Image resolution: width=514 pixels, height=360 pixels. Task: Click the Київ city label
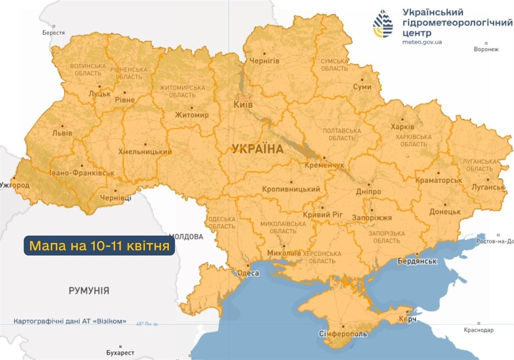[x=243, y=105]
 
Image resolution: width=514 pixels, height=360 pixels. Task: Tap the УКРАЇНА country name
[x=258, y=149]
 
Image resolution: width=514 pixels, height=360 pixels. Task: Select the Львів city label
[x=63, y=133]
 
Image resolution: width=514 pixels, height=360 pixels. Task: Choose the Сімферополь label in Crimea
[x=343, y=334]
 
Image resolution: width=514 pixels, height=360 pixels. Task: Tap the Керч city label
[x=408, y=319]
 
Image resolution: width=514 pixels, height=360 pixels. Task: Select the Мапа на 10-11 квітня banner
[x=100, y=246]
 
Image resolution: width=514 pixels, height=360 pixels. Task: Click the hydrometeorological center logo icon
[x=383, y=23]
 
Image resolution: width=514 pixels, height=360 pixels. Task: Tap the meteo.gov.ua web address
[x=422, y=42]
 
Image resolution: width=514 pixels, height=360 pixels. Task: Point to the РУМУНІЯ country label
[x=89, y=291]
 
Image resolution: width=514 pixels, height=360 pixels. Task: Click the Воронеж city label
[x=486, y=49]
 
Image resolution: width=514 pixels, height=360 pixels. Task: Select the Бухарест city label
[x=120, y=353]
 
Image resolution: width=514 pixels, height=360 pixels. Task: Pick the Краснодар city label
[x=479, y=330]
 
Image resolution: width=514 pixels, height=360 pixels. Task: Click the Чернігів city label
[x=265, y=61]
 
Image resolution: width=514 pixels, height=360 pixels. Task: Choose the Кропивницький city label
[x=291, y=189]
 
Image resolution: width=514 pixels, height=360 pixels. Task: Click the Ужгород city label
[x=15, y=185]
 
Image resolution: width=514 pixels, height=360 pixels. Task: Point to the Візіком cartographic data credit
[x=70, y=321]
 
